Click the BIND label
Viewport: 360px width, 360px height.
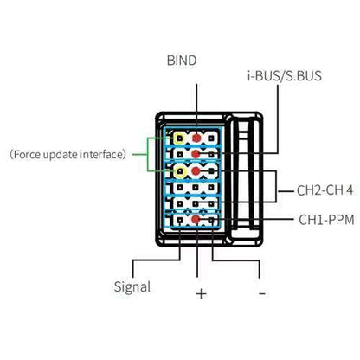(182, 61)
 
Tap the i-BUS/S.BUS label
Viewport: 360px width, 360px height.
(285, 75)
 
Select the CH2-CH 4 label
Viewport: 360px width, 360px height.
(325, 190)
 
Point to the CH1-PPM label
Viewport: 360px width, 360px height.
(326, 220)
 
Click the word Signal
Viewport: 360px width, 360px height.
(132, 286)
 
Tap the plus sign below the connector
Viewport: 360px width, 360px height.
(201, 294)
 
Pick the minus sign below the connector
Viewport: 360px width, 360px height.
(262, 293)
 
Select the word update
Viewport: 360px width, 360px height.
(61, 155)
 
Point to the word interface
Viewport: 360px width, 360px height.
(101, 154)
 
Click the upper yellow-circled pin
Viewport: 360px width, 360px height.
(179, 138)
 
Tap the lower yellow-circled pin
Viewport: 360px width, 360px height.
(180, 172)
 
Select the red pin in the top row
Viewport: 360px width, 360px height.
(196, 138)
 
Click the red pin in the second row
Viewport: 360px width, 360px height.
(196, 154)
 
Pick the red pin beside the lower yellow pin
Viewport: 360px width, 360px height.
(196, 171)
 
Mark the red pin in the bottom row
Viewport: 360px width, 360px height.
(196, 220)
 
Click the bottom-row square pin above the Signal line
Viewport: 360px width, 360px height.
(180, 221)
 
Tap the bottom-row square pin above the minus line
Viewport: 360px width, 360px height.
(211, 221)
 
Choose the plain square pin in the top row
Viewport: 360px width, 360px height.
(211, 138)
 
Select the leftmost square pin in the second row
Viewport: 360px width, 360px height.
(180, 155)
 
